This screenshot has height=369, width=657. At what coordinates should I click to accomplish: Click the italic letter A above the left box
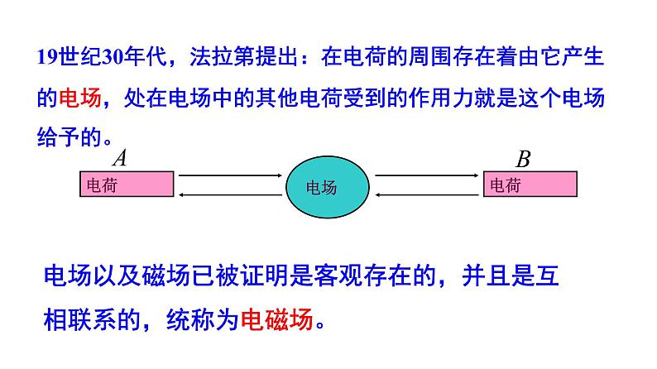click(119, 157)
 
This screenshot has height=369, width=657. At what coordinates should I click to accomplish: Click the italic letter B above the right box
click(523, 157)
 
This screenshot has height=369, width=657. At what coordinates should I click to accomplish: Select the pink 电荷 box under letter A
click(127, 184)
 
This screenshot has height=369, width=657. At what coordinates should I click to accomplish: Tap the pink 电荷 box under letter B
click(530, 184)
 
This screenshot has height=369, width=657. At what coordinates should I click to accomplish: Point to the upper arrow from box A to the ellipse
click(230, 175)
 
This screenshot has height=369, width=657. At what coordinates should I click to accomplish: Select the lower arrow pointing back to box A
click(230, 194)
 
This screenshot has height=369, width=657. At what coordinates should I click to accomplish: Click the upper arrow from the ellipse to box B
click(428, 175)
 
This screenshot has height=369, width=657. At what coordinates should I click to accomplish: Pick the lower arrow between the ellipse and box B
click(428, 194)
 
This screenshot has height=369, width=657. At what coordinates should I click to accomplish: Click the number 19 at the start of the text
click(46, 60)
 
